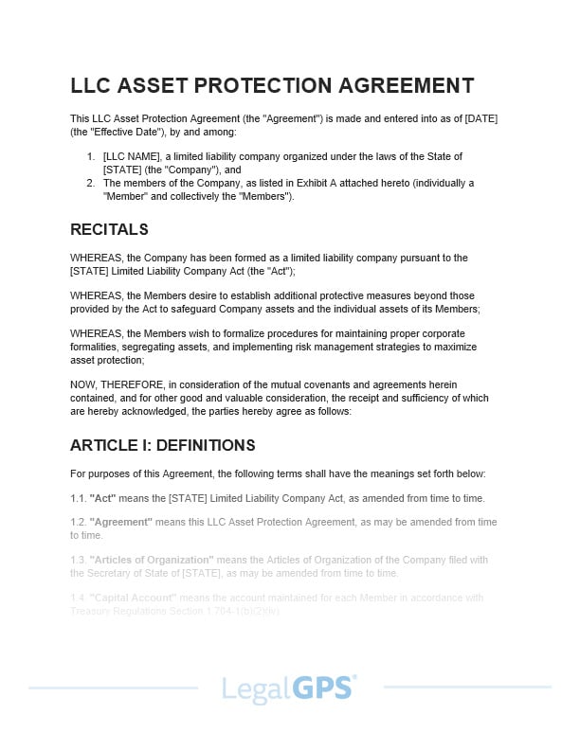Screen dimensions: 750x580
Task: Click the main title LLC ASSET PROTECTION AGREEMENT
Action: (x=272, y=85)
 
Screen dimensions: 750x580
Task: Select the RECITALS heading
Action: (x=109, y=229)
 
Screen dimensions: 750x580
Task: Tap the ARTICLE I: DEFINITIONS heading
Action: (x=162, y=445)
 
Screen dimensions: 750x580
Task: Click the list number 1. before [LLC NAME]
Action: (x=91, y=156)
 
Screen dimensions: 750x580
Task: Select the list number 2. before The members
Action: (x=91, y=183)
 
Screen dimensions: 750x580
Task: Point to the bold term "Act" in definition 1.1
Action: (x=102, y=498)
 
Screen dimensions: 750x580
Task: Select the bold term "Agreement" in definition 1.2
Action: (x=120, y=522)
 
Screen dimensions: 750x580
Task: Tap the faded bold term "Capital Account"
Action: (x=134, y=598)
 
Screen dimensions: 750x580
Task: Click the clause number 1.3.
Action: (x=78, y=560)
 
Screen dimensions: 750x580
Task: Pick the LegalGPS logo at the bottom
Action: (x=289, y=687)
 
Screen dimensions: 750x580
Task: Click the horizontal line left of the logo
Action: (x=114, y=687)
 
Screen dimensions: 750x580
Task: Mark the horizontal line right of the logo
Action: (x=464, y=687)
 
